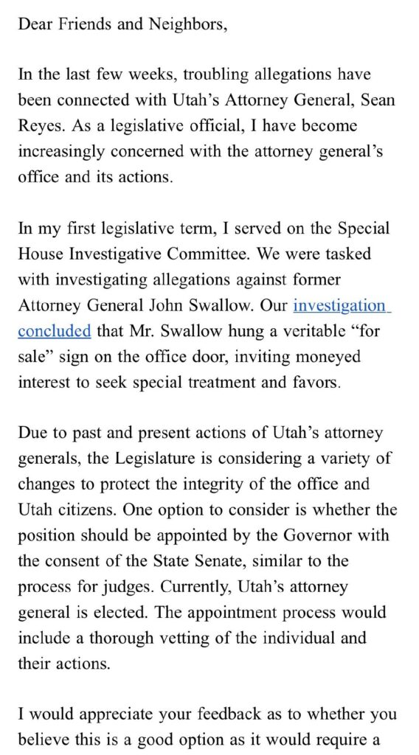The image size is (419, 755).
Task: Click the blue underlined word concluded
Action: (54, 331)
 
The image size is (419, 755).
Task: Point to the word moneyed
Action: (325, 357)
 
